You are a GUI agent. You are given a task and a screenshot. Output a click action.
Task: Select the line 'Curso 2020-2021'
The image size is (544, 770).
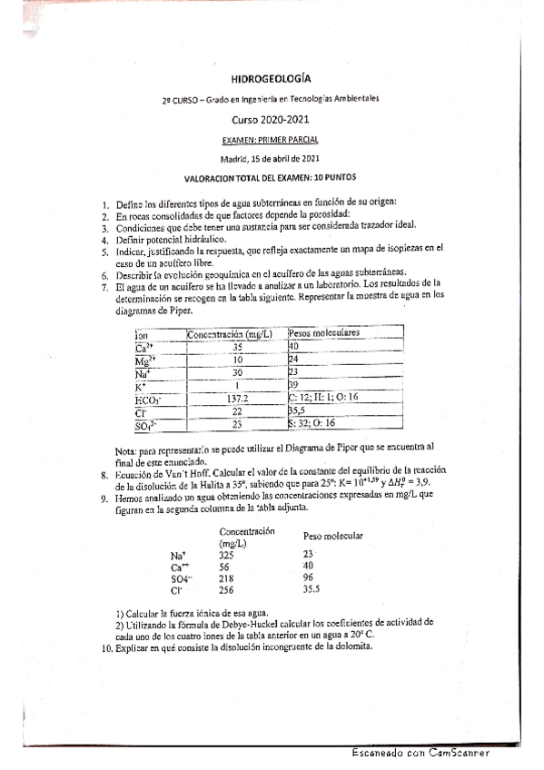pyautogui.click(x=272, y=119)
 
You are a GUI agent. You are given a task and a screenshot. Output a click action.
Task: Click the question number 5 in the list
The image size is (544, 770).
pyautogui.click(x=106, y=249)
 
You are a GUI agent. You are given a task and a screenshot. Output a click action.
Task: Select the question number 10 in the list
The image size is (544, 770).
pyautogui.click(x=106, y=647)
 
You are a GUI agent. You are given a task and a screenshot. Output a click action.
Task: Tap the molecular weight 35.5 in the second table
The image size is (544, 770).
pyautogui.click(x=313, y=589)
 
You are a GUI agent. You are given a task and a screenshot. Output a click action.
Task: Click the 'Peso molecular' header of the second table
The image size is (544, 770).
pyautogui.click(x=333, y=536)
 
